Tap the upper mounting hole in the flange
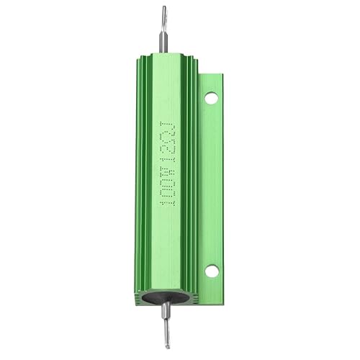point(211,97)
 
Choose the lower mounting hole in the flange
point(211,271)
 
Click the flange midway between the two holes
point(211,184)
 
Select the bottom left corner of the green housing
point(135,301)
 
